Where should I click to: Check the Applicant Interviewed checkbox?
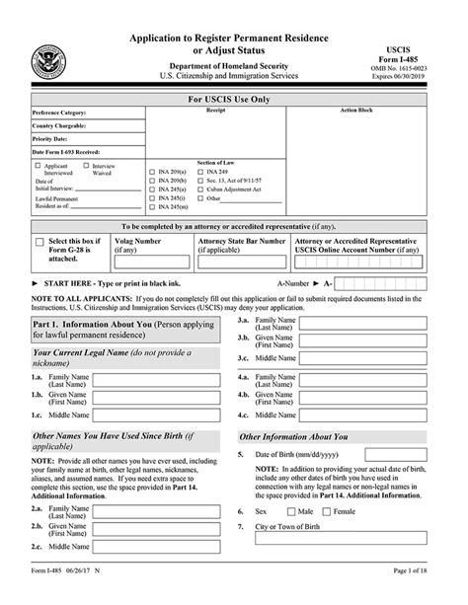pos(37,167)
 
